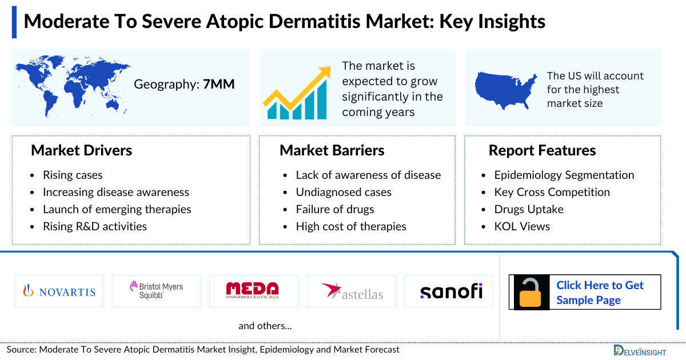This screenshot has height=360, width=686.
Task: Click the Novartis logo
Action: point(59,291)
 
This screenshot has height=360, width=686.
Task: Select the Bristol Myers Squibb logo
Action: point(156,291)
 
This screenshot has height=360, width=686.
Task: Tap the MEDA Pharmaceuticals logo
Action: point(253,291)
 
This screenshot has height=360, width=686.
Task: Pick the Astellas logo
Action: point(352,291)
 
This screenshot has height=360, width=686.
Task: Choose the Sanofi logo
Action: point(451,291)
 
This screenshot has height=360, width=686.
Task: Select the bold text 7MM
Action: point(219,85)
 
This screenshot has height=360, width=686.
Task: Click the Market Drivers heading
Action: point(81,150)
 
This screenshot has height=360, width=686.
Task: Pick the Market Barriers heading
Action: point(332,150)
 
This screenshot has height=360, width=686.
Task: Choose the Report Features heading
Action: point(542,150)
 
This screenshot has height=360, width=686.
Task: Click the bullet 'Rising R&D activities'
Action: point(94,226)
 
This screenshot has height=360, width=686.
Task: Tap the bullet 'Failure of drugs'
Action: point(334,209)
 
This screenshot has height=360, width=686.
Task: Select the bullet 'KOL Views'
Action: point(522,226)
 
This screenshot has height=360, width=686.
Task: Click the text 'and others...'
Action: point(265,326)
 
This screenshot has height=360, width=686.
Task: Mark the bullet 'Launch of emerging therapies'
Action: point(117,209)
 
